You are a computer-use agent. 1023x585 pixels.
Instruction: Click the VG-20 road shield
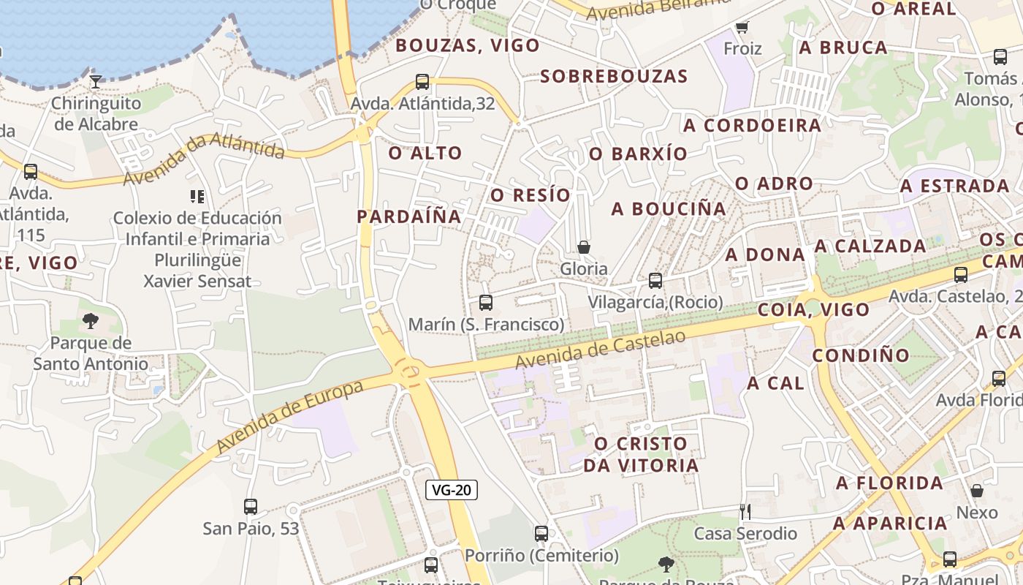(452, 490)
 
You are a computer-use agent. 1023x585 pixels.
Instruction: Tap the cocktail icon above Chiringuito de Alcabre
(96, 81)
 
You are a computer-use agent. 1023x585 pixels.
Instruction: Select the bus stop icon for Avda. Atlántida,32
(422, 81)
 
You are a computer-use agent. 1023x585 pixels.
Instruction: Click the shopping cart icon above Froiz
(742, 27)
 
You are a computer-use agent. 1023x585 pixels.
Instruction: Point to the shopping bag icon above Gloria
(583, 247)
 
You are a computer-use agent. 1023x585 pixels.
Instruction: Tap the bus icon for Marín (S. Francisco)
(485, 302)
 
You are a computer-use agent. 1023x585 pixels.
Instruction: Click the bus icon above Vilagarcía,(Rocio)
(655, 280)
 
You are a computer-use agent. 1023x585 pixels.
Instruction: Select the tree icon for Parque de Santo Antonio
(91, 320)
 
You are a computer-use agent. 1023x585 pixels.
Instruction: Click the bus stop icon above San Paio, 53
(251, 506)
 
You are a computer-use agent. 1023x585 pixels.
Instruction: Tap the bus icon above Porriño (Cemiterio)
(541, 534)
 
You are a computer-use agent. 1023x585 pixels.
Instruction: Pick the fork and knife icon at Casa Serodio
(745, 511)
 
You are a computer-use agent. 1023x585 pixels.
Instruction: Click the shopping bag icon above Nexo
(977, 490)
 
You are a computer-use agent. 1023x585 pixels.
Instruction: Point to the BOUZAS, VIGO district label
(468, 45)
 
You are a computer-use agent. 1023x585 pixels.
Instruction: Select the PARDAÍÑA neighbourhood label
(409, 216)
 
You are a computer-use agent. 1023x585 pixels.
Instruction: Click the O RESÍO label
(530, 195)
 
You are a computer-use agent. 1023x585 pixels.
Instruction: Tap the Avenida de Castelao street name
(601, 349)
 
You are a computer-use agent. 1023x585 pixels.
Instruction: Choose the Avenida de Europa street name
(290, 415)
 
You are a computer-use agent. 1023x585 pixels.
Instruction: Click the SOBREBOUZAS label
(614, 76)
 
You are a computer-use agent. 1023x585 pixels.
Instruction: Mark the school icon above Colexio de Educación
(197, 196)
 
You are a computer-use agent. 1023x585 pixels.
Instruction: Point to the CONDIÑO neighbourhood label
(862, 355)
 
